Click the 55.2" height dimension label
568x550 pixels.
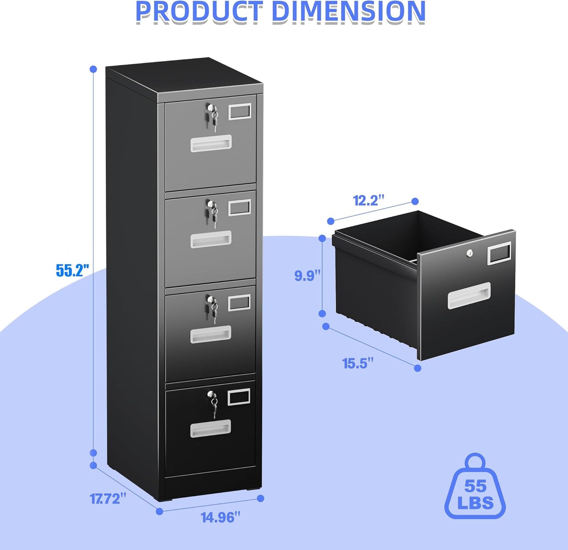(x=72, y=270)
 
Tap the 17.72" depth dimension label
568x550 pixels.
(x=108, y=498)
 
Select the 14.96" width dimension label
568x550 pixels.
(x=220, y=517)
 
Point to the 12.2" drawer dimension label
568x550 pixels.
(x=368, y=200)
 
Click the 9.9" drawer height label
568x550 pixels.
(x=308, y=275)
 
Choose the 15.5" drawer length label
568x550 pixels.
(x=358, y=363)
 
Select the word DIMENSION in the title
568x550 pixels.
(x=348, y=11)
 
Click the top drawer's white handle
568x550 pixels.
(x=211, y=143)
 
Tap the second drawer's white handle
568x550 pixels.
(x=211, y=239)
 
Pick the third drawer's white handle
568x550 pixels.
(x=211, y=334)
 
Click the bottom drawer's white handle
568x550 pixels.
(x=211, y=428)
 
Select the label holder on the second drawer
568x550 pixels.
(x=239, y=207)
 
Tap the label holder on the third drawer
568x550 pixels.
(x=239, y=303)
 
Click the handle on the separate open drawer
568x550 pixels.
(x=469, y=295)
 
